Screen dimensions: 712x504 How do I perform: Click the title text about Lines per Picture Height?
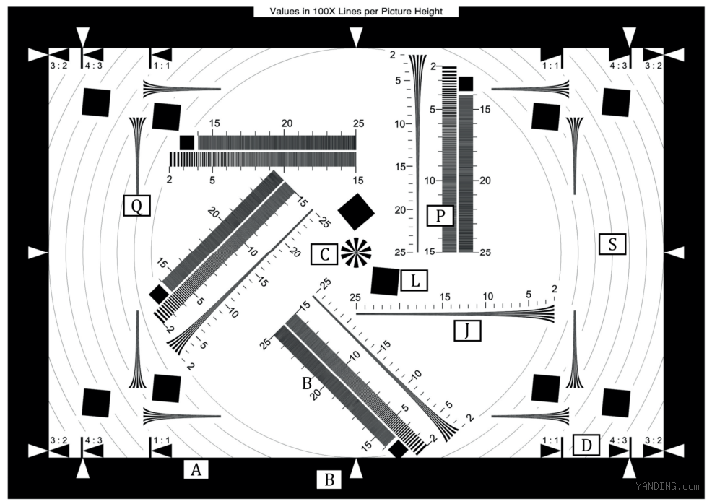[356, 12]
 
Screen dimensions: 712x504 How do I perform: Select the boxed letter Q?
[136, 206]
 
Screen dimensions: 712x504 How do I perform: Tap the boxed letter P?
[440, 216]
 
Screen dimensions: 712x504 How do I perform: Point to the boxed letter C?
[324, 254]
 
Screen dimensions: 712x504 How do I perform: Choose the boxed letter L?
[414, 281]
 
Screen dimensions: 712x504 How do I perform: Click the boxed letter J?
[467, 331]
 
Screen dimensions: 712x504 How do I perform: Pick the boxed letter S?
[612, 244]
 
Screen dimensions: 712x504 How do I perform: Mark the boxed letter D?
[586, 445]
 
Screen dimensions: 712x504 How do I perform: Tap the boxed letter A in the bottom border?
[196, 469]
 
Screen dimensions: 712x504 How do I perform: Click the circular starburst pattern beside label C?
[356, 253]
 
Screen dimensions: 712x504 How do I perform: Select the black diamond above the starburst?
[356, 212]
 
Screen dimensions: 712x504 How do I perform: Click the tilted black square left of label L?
[385, 282]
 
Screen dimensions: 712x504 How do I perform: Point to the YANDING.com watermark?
[667, 486]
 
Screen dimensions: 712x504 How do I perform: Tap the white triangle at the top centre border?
[357, 38]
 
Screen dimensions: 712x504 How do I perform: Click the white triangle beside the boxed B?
[357, 468]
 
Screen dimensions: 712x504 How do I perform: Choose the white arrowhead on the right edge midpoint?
[674, 253]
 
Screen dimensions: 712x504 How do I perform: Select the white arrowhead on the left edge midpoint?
[38, 253]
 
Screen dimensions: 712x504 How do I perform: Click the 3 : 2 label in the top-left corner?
[58, 66]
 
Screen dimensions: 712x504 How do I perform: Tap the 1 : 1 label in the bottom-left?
[162, 440]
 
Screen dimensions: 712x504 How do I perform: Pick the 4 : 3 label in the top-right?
[618, 66]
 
